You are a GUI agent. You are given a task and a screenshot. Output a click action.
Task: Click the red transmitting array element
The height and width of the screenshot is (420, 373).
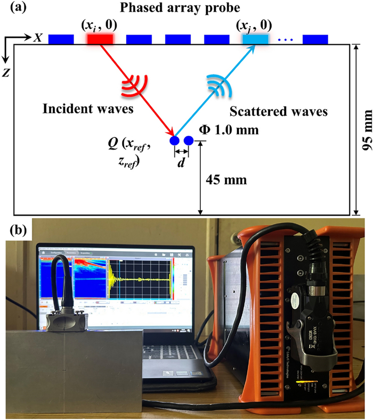coord(100,39)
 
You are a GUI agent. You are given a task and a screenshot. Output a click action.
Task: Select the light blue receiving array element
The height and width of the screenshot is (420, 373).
coord(256,39)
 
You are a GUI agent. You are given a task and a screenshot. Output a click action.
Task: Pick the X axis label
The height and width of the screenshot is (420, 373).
coord(38,38)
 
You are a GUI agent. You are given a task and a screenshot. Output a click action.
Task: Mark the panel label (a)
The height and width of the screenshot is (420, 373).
coord(12,7)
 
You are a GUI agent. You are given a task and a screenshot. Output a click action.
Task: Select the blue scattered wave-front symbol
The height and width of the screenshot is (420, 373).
coord(216,84)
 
